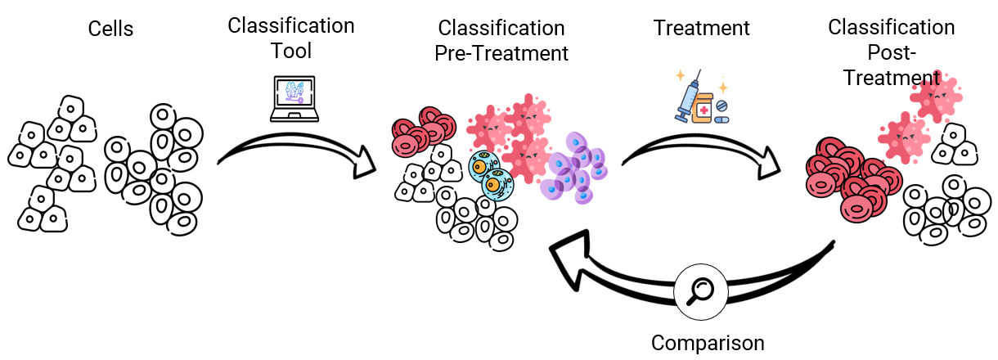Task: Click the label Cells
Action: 110,29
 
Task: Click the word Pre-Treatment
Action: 501,54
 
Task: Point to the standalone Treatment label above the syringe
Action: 701,28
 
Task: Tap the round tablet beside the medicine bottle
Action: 722,106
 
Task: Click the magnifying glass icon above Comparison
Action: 699,290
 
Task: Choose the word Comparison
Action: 708,343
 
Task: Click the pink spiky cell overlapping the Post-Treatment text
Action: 935,92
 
